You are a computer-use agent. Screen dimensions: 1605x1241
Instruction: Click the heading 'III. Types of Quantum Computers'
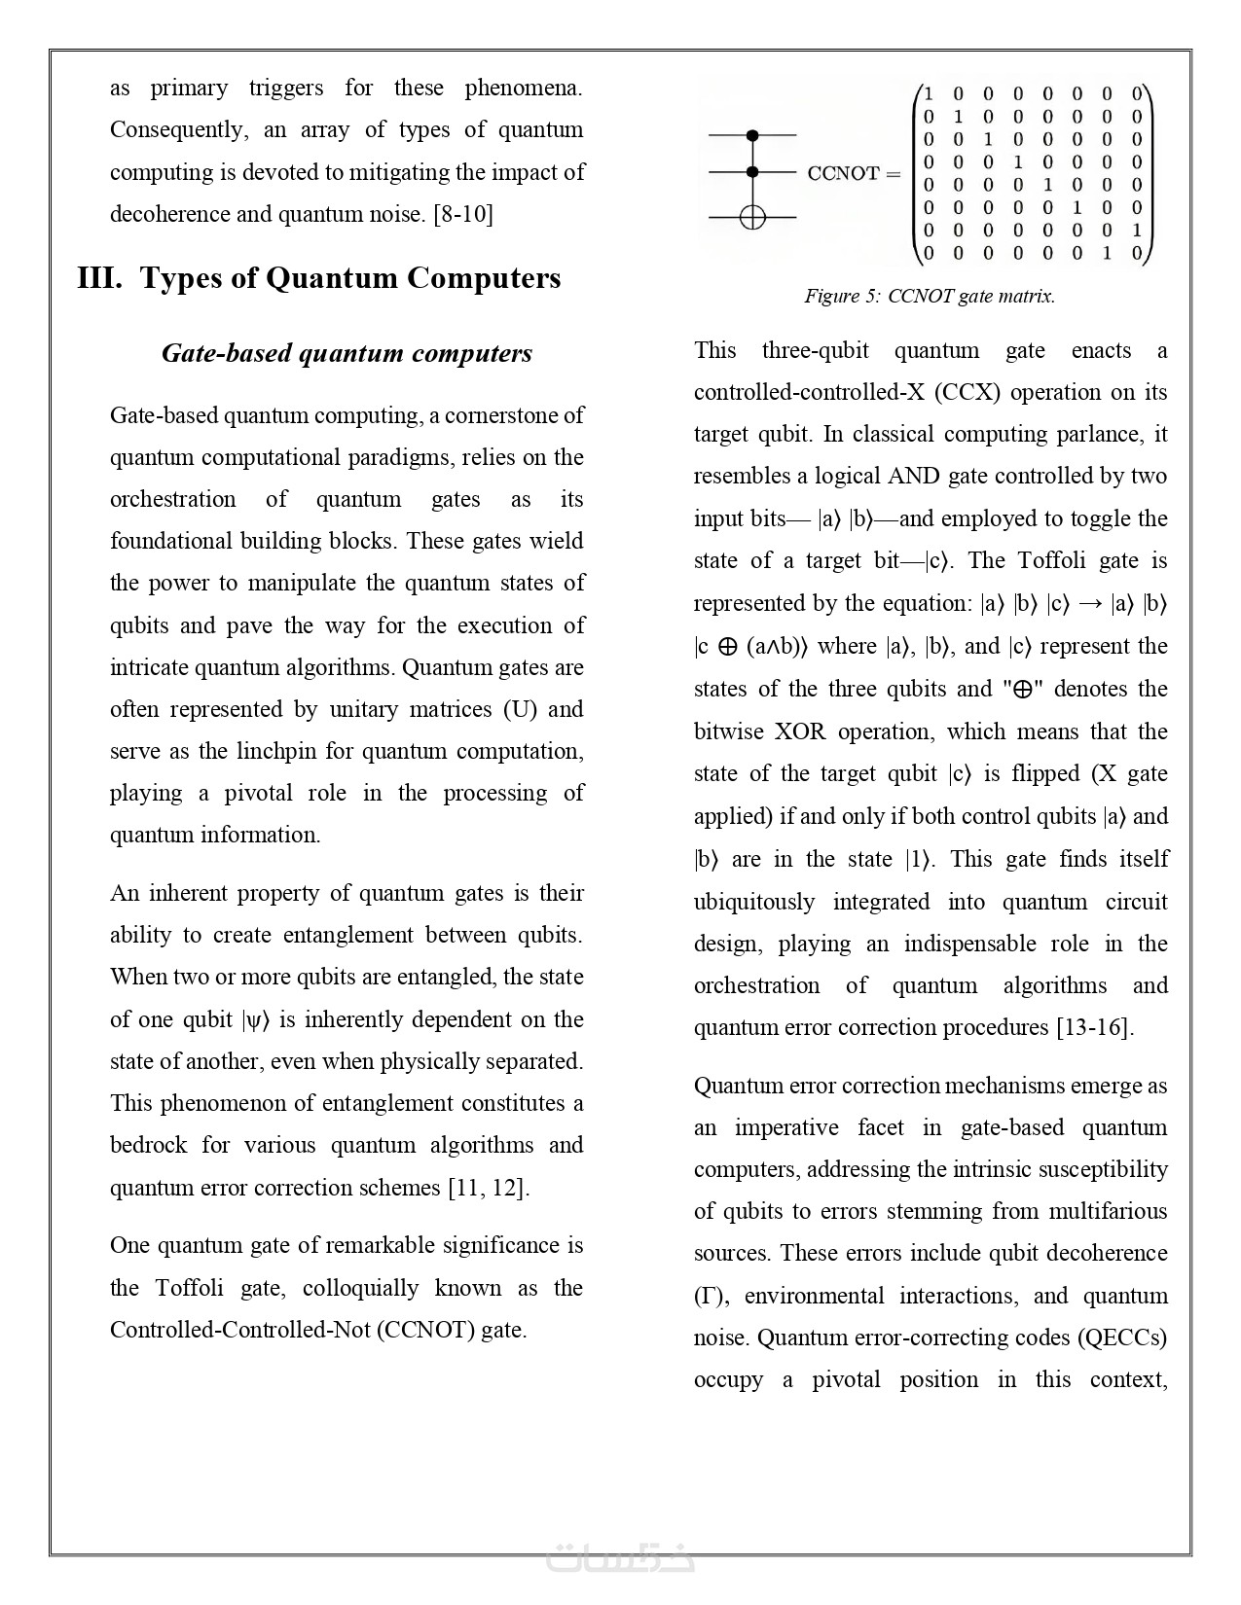click(319, 278)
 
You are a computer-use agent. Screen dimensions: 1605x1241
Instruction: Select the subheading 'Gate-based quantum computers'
click(347, 352)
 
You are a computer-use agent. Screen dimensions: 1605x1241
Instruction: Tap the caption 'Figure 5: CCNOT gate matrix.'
click(930, 296)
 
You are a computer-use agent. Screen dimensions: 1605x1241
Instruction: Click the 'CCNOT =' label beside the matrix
click(854, 173)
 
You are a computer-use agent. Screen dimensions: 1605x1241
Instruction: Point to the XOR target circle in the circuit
click(752, 216)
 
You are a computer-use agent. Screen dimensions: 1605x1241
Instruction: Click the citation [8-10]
click(462, 214)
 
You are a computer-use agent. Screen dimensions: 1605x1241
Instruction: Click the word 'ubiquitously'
click(754, 902)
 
